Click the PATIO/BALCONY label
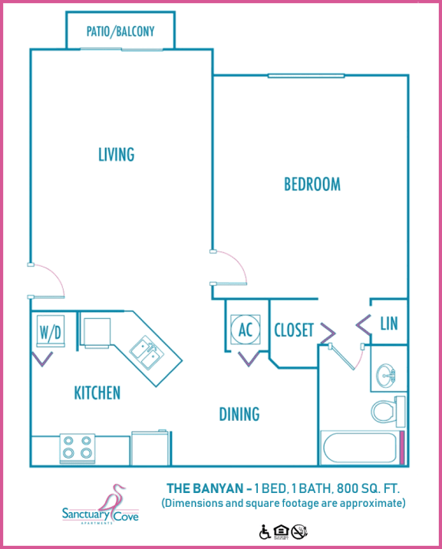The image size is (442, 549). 120,31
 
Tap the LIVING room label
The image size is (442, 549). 117,154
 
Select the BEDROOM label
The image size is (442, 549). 312,184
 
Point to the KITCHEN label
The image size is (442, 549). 97,393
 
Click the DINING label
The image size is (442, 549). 239,414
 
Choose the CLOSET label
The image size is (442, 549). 294,330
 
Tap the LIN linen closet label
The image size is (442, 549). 389,324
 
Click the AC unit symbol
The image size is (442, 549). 246,330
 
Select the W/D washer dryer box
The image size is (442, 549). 48,334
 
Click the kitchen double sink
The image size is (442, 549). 146,353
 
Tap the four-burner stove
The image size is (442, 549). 77,448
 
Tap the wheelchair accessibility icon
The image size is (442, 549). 266,531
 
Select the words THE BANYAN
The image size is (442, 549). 199,488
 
